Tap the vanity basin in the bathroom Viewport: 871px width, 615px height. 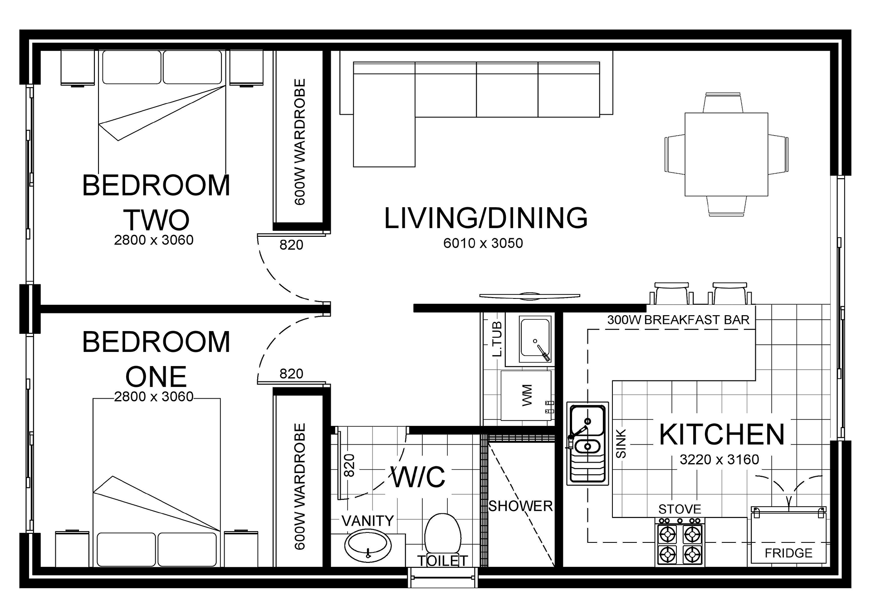tap(368, 547)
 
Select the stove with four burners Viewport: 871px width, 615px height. tap(680, 545)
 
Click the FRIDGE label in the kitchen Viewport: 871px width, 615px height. tap(788, 553)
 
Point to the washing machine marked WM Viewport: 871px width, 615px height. tap(526, 395)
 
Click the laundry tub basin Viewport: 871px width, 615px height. tap(535, 337)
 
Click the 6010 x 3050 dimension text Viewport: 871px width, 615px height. tap(483, 243)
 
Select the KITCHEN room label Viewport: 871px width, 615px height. tap(722, 434)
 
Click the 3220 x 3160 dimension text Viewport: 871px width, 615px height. tap(719, 460)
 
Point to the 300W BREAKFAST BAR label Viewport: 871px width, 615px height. tap(678, 320)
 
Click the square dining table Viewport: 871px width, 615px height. tap(726, 154)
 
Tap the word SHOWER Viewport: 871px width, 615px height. tap(520, 506)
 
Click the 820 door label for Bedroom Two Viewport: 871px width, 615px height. tap(291, 245)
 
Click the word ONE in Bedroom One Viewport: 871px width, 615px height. tap(156, 376)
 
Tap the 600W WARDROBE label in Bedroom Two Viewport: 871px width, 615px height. tap(300, 142)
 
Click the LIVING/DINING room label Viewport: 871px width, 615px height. tap(486, 218)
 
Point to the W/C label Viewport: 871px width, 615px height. tap(418, 477)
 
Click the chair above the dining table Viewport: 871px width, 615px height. tap(724, 103)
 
